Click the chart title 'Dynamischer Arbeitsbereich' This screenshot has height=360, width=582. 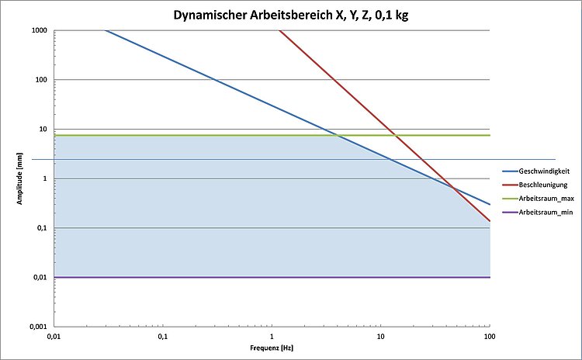point(290,13)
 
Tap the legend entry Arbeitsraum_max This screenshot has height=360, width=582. point(541,198)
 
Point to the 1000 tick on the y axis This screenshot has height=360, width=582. point(39,30)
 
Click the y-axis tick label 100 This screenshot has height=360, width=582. point(41,80)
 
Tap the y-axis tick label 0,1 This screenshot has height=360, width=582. point(42,228)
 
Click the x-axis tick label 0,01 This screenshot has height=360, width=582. point(53,337)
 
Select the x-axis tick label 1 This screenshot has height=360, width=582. point(272,337)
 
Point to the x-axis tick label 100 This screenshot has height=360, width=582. point(490,337)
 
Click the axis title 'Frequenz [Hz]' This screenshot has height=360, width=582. point(271,350)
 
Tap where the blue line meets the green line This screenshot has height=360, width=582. point(338,136)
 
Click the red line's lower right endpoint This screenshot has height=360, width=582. point(490,221)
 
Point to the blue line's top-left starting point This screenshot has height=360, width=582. point(105,30)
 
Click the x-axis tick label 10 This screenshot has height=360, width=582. point(380,337)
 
